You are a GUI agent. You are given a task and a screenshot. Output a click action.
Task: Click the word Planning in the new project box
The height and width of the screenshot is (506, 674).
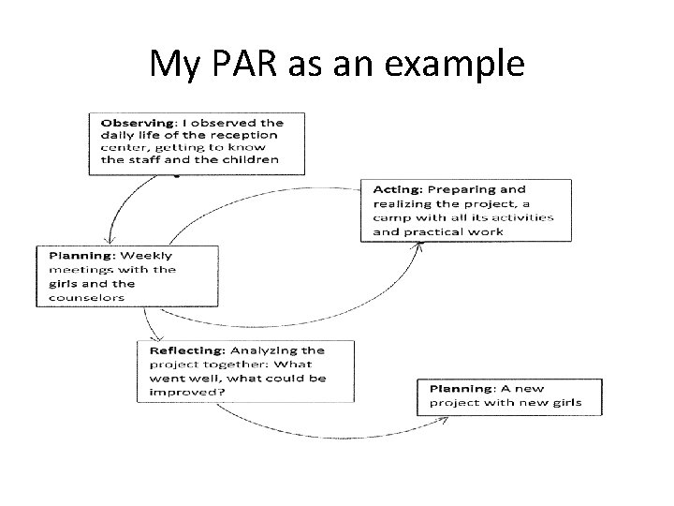point(462,388)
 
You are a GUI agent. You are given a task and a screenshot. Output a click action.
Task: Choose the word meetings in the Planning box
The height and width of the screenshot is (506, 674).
point(73,269)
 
